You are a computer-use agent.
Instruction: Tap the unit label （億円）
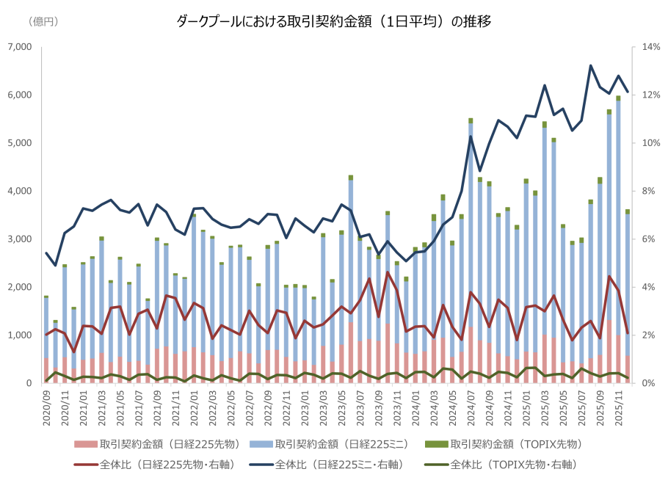pyautogui.click(x=43, y=21)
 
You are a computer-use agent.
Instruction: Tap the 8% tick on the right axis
pyautogui.click(x=650, y=191)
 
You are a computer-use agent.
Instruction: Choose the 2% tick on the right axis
pyautogui.click(x=650, y=335)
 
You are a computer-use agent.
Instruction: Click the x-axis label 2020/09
pyautogui.click(x=46, y=407)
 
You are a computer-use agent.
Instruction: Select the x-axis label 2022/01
pyautogui.click(x=195, y=407)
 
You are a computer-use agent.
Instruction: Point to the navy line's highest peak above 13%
pyautogui.click(x=591, y=65)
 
